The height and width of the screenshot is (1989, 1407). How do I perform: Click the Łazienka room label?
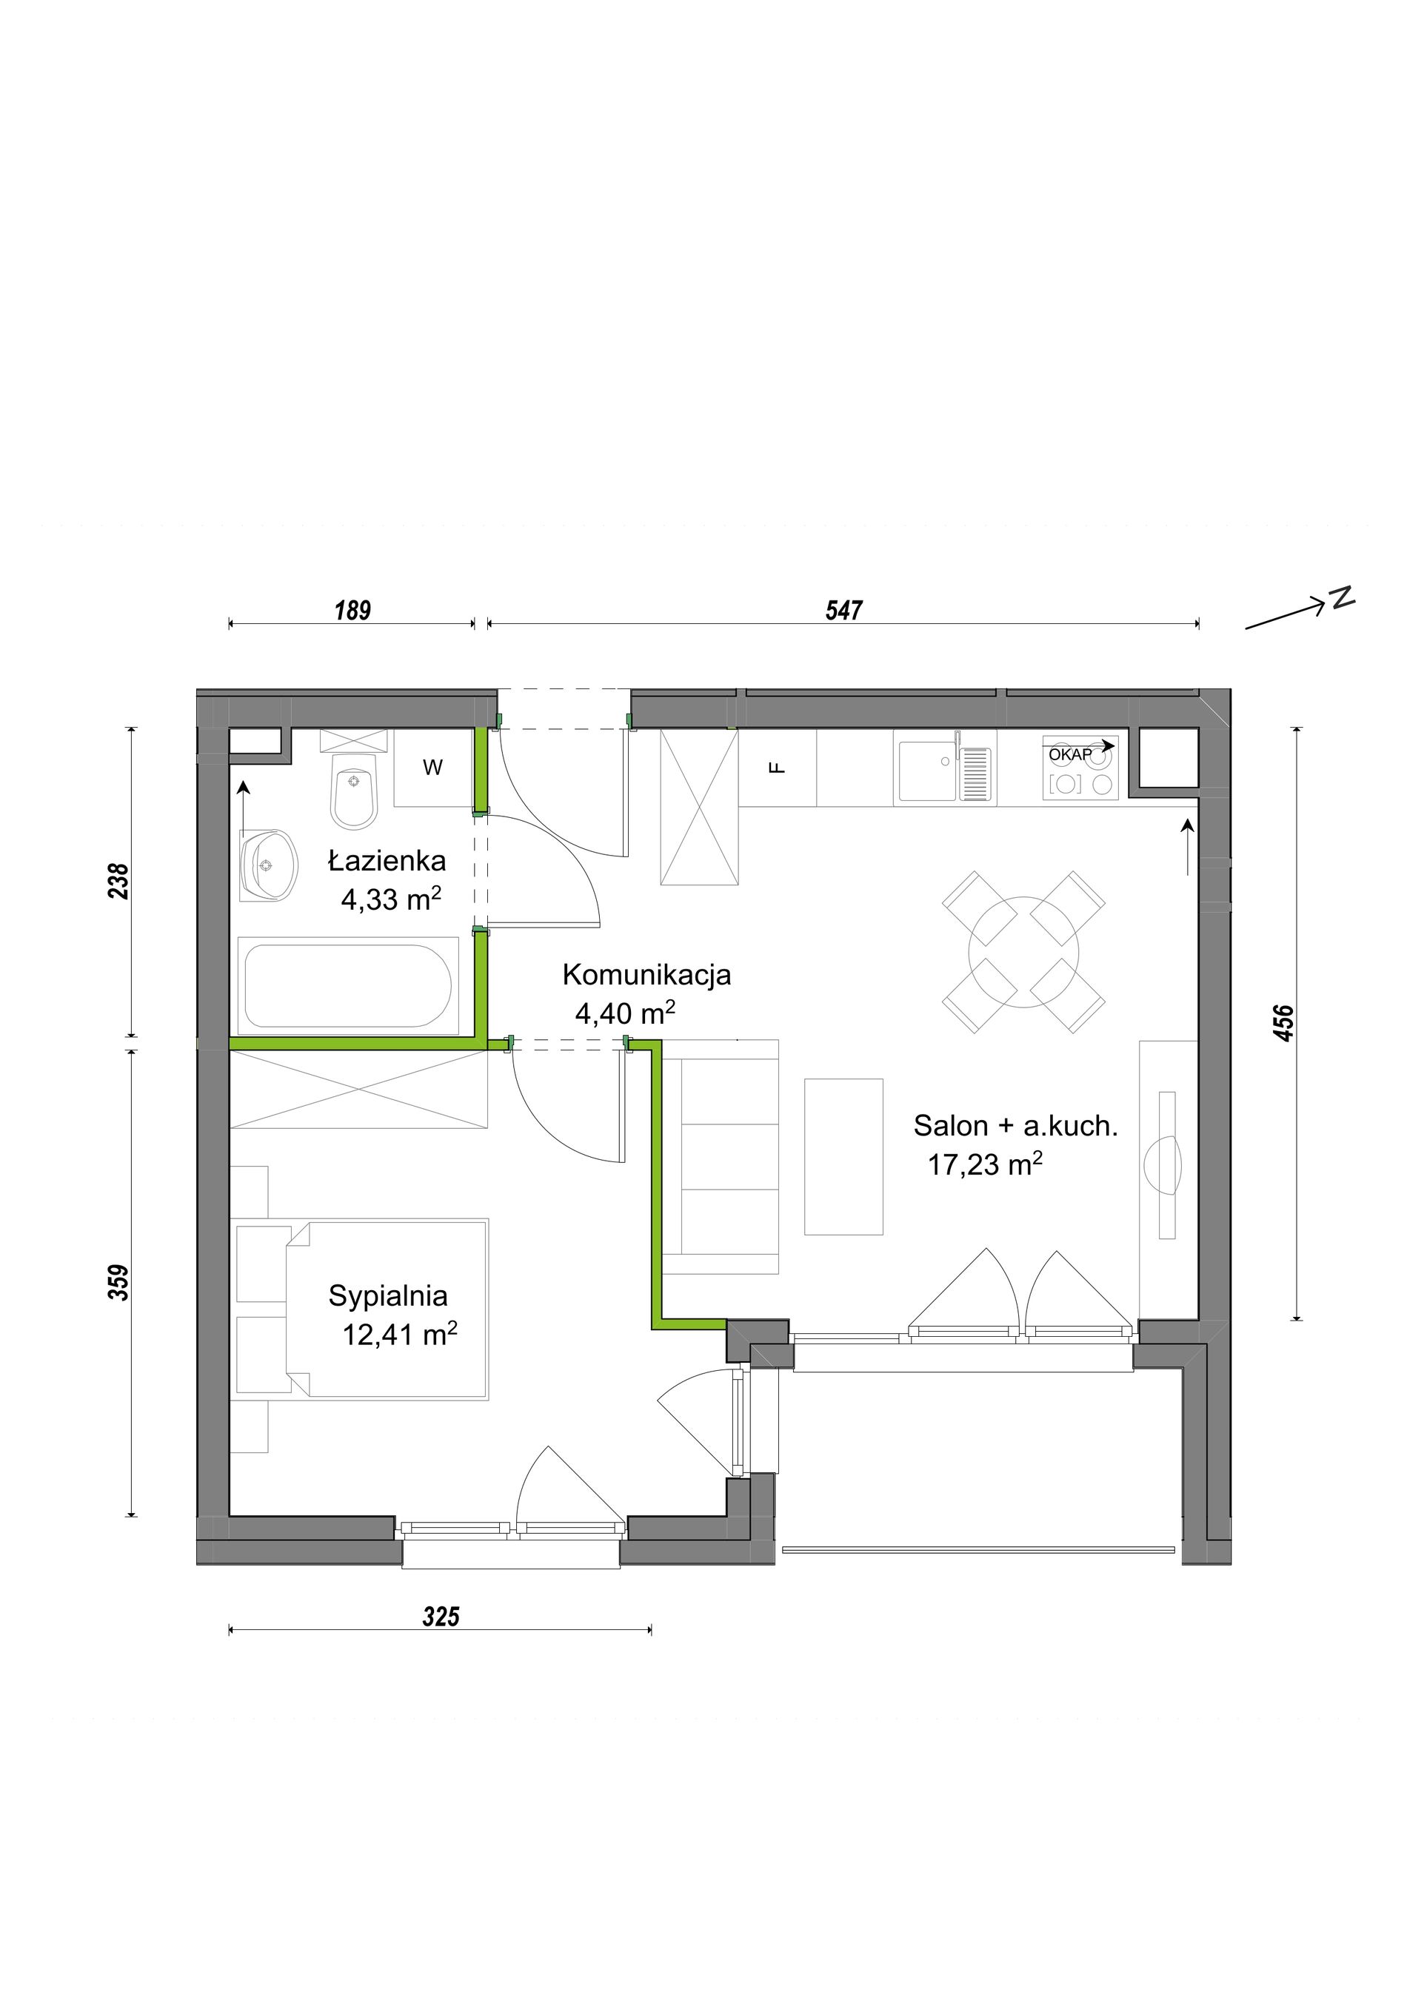(387, 860)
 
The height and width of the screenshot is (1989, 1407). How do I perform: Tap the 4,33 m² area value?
(391, 899)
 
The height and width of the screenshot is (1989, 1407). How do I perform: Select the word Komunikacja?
(646, 976)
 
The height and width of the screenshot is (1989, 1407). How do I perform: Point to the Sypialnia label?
(388, 1296)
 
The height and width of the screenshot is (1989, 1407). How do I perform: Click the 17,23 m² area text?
(985, 1164)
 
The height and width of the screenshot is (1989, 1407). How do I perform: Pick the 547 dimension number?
(844, 611)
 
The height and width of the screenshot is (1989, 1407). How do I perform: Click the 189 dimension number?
(352, 611)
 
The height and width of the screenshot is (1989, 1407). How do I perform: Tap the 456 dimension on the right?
(1284, 1023)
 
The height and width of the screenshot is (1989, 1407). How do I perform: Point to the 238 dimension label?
(118, 881)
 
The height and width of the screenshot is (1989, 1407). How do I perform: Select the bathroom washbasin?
(269, 865)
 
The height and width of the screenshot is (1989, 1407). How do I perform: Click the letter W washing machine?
(433, 767)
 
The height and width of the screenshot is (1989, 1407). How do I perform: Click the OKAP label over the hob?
(1071, 754)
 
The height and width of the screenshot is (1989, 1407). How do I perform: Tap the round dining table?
(1024, 951)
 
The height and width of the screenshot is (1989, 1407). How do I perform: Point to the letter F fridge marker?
(778, 767)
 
